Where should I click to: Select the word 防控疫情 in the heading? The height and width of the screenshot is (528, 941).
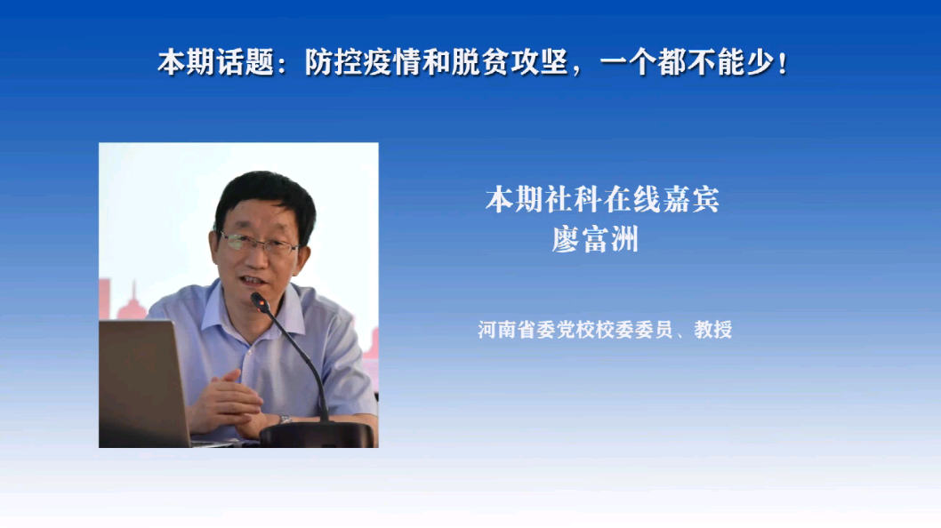click(x=364, y=62)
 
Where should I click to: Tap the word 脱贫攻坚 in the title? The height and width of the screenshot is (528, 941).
click(x=511, y=62)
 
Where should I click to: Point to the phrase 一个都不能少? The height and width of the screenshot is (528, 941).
click(x=686, y=62)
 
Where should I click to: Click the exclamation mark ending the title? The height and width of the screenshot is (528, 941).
click(x=782, y=63)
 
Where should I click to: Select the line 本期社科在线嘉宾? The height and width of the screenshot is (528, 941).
click(x=602, y=200)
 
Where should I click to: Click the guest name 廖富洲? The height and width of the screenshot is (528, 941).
click(x=595, y=239)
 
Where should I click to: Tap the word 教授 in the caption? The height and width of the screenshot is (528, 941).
click(x=713, y=330)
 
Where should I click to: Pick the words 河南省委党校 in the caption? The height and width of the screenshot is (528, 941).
click(x=536, y=330)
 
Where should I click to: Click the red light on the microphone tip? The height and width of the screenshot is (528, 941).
click(x=261, y=307)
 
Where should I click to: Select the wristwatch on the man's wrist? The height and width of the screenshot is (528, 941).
click(x=284, y=420)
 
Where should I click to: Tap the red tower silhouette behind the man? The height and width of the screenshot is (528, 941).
click(x=133, y=302)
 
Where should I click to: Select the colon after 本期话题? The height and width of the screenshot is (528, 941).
click(x=282, y=65)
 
